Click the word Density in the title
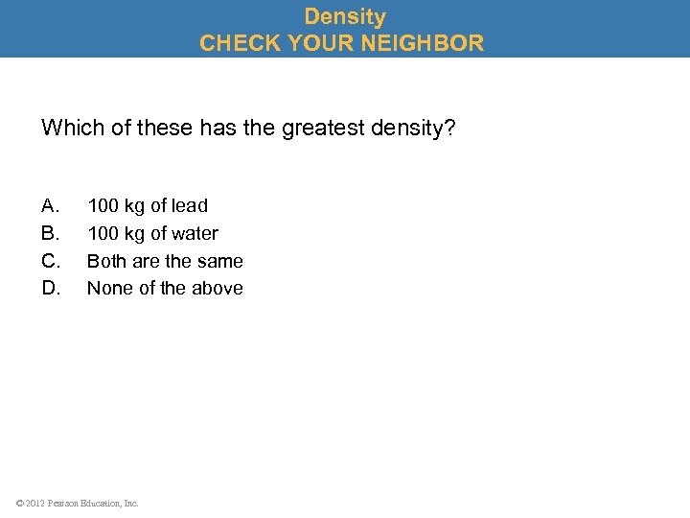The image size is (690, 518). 345,16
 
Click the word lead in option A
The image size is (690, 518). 190,205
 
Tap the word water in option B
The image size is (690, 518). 195,233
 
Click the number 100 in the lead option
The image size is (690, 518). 103,205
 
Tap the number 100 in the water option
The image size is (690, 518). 103,233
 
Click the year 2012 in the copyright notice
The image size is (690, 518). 34,503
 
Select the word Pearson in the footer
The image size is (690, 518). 63,503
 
